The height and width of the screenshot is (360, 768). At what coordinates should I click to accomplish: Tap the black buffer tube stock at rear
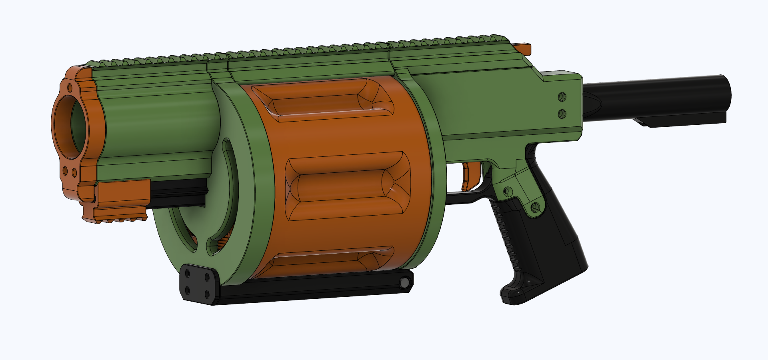click(x=656, y=96)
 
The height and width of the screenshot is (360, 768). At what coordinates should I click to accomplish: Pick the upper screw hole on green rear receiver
click(x=562, y=97)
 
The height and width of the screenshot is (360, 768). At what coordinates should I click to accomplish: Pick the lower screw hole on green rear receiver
click(x=562, y=114)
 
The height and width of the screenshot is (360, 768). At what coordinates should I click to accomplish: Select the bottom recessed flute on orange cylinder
click(x=328, y=260)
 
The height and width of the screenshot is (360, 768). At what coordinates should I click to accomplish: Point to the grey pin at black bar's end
click(x=404, y=283)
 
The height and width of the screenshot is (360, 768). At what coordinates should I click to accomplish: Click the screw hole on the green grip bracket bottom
click(x=535, y=207)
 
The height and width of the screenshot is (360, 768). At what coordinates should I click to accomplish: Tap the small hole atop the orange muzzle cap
click(x=70, y=87)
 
